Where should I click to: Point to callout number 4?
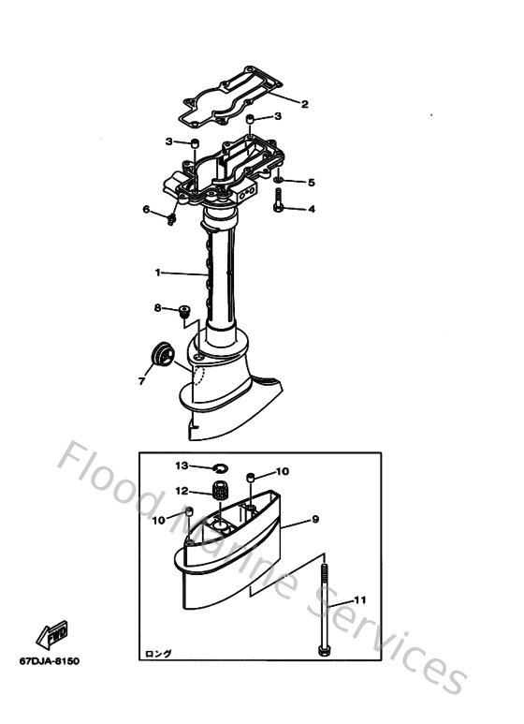point(312,208)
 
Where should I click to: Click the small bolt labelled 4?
point(280,199)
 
